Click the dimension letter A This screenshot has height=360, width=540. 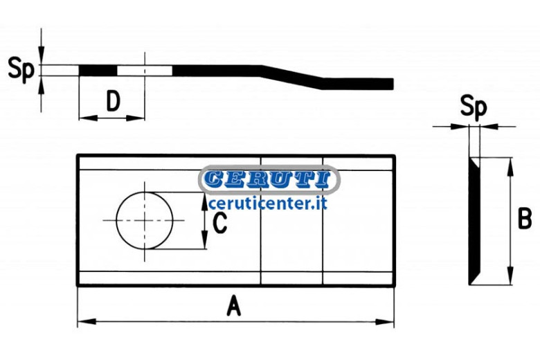pos(233,305)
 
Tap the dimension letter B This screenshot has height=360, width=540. pos(525,219)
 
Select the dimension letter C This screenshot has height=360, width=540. pos(219,223)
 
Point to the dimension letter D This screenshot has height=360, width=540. pos(113,101)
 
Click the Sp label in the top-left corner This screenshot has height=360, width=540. pos(21,69)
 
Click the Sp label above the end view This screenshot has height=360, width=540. pos(474,107)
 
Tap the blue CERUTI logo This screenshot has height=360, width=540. pos(269,179)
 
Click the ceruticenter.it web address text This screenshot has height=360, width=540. pos(268,203)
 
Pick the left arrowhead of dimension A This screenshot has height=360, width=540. pos(87,322)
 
